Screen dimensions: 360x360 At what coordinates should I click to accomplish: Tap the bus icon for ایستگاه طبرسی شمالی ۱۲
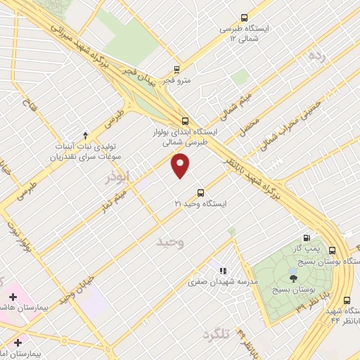(244, 18)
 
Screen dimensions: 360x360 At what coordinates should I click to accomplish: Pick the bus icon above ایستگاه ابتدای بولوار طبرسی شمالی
(185, 120)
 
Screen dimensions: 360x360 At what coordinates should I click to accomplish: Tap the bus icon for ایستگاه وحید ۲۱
(201, 192)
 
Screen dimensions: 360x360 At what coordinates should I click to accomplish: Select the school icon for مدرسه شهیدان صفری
(222, 271)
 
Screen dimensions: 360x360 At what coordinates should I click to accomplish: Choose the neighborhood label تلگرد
(215, 333)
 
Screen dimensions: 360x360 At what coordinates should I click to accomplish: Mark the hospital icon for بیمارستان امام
(18, 342)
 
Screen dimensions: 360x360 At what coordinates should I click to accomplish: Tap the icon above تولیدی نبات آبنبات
(85, 135)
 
